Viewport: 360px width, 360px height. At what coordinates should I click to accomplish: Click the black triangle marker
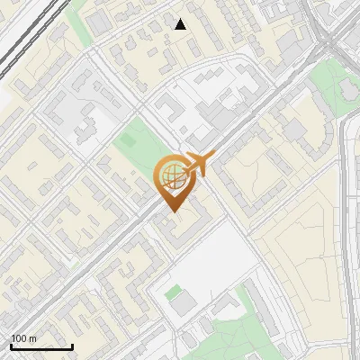[x=181, y=24]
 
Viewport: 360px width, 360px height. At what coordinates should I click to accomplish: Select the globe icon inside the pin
[x=172, y=175]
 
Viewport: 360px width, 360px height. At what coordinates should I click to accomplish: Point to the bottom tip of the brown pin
[x=172, y=212]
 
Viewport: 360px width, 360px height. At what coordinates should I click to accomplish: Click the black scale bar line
[x=41, y=347]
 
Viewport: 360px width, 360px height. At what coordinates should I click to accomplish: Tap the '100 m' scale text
[x=23, y=338]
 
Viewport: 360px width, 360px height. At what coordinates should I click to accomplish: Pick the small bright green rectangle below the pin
[x=173, y=292]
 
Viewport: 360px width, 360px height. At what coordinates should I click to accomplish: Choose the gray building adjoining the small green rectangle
[x=184, y=305]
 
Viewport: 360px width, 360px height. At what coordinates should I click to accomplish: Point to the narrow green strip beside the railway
[x=77, y=27]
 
